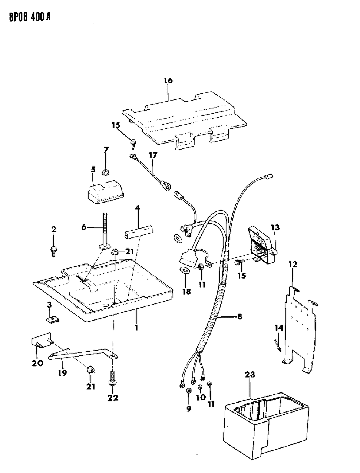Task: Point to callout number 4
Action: pos(138,208)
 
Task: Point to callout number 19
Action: pos(62,372)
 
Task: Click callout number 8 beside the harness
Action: pos(240,318)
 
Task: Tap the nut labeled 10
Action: pos(200,388)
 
